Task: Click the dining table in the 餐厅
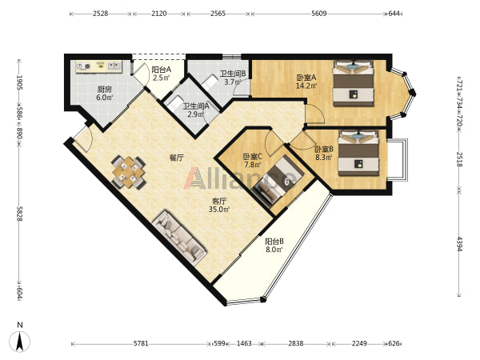pyautogui.click(x=129, y=172)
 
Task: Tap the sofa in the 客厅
pyautogui.click(x=179, y=238)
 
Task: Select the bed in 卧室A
pyautogui.click(x=354, y=83)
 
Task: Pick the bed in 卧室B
pyautogui.click(x=358, y=153)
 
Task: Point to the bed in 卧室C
pyautogui.click(x=278, y=181)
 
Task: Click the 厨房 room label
pyautogui.click(x=104, y=90)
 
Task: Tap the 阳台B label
pyautogui.click(x=274, y=241)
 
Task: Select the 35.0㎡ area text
pyautogui.click(x=219, y=210)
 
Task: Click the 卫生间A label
pyautogui.click(x=196, y=106)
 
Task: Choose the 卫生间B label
pyautogui.click(x=233, y=74)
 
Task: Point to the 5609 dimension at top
pyautogui.click(x=318, y=14)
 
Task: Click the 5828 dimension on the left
pyautogui.click(x=19, y=214)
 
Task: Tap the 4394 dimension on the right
pyautogui.click(x=459, y=243)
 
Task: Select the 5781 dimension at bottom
pyautogui.click(x=141, y=343)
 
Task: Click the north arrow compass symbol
pyautogui.click(x=20, y=341)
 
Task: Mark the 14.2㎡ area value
pyautogui.click(x=306, y=86)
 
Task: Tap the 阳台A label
pyautogui.click(x=162, y=70)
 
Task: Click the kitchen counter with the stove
pyautogui.click(x=99, y=66)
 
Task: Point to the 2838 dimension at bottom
pyautogui.click(x=296, y=343)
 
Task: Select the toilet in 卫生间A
pyautogui.click(x=174, y=103)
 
